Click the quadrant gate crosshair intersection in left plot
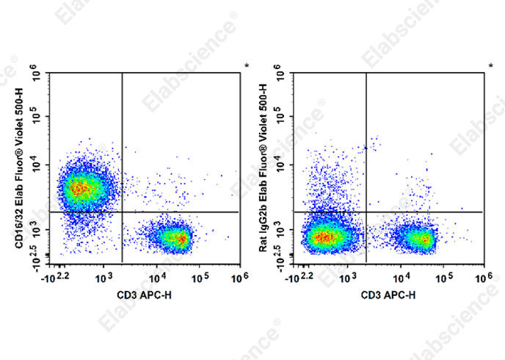(x=121, y=212)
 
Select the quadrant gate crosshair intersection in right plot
(x=366, y=212)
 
